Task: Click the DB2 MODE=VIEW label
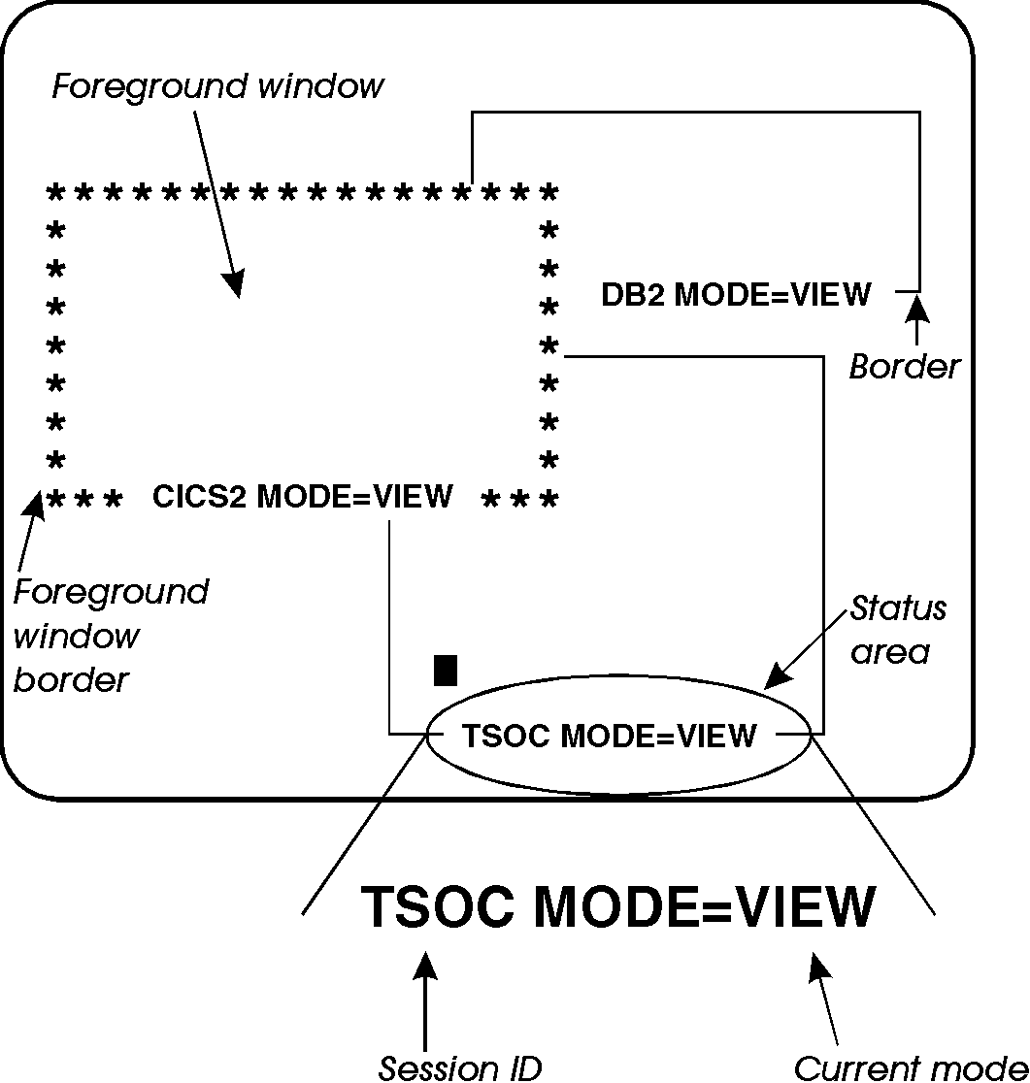[736, 294]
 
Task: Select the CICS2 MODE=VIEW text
[303, 496]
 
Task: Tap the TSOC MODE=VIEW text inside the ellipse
[609, 736]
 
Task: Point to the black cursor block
[446, 671]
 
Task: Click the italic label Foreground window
[218, 86]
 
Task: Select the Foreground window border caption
[110, 636]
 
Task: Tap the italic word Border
[904, 367]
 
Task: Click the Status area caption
[897, 631]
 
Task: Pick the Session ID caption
[459, 1067]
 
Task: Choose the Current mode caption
[911, 1067]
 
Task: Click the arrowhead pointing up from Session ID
[425, 965]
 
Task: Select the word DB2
[632, 294]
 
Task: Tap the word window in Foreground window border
[76, 637]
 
